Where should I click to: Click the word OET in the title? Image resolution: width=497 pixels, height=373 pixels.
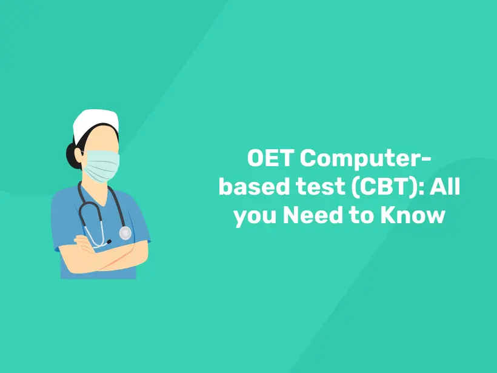point(270,158)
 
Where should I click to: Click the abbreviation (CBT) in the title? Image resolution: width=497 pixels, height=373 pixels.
point(387,187)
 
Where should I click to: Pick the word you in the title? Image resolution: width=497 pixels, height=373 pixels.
point(255,217)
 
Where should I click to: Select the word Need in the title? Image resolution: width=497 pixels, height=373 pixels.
point(313,215)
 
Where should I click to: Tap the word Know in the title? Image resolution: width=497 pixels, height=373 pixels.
point(413,215)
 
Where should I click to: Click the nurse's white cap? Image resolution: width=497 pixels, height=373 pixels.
point(95,122)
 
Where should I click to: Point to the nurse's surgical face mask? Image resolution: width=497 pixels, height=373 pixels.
point(101,166)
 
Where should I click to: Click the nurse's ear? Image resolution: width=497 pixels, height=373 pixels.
point(78,156)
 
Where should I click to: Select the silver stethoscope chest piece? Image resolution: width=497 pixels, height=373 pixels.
point(125,233)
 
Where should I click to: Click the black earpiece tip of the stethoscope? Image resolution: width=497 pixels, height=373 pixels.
point(108,242)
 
